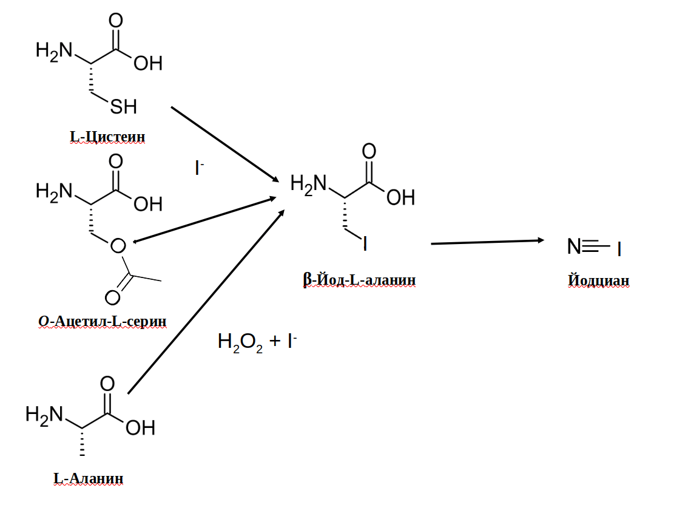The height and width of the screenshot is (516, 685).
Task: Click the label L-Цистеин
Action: click(x=107, y=137)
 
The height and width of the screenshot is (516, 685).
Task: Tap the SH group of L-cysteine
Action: click(x=123, y=107)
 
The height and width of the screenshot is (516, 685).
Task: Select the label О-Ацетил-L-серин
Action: click(x=102, y=321)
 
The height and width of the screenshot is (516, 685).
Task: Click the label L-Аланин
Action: click(x=89, y=479)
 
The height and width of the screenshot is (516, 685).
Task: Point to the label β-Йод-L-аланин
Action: click(x=359, y=280)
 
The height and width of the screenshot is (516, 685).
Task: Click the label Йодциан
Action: click(x=598, y=280)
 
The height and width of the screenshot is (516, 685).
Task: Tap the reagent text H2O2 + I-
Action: click(x=257, y=342)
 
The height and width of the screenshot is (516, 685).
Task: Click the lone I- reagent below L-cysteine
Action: click(x=198, y=168)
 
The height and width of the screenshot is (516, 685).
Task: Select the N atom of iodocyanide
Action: click(x=573, y=246)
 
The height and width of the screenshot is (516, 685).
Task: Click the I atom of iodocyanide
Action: click(x=619, y=249)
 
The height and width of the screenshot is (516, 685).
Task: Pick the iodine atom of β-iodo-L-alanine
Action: click(x=365, y=244)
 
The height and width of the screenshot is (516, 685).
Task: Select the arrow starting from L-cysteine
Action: click(x=224, y=144)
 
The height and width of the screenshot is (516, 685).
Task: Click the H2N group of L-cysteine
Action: click(x=54, y=50)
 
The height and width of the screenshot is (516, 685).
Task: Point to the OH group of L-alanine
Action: click(x=140, y=428)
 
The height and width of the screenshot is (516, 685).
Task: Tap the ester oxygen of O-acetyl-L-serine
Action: click(x=118, y=246)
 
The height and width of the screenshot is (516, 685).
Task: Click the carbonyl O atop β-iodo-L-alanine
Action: click(x=369, y=151)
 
